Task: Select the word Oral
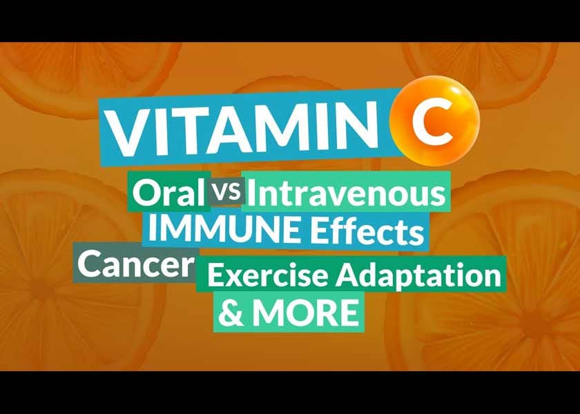pos(168,194)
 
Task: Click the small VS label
pos(227,194)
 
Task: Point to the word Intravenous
pos(346,194)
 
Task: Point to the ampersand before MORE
pos(231,313)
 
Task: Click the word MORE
pos(304,313)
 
